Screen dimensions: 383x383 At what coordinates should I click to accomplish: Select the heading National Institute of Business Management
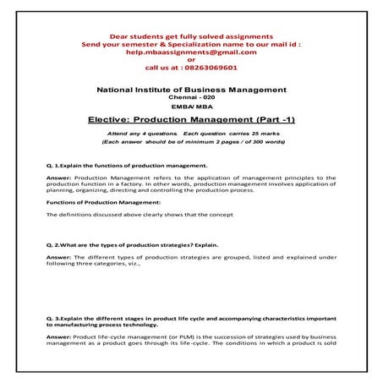click(192, 90)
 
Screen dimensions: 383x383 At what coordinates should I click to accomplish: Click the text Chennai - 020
click(192, 99)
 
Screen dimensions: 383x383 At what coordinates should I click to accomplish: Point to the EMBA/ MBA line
click(192, 109)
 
